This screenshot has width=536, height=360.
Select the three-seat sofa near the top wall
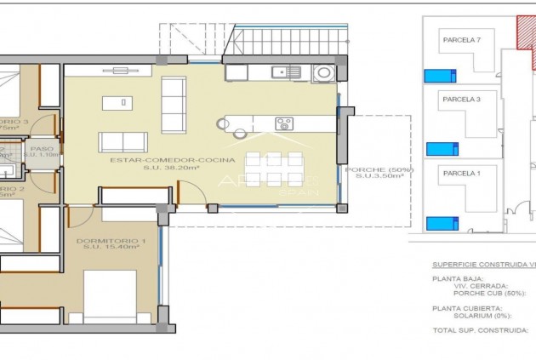coord(174,106)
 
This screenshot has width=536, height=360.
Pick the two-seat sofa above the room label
coord(123,141)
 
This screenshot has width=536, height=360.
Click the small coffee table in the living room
coord(117,103)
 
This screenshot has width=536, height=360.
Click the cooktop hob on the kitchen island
coord(284,123)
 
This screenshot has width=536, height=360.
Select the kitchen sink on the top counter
coord(294,72)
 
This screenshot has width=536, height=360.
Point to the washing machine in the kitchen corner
coord(323,72)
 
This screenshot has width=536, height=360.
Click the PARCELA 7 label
coord(461,39)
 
